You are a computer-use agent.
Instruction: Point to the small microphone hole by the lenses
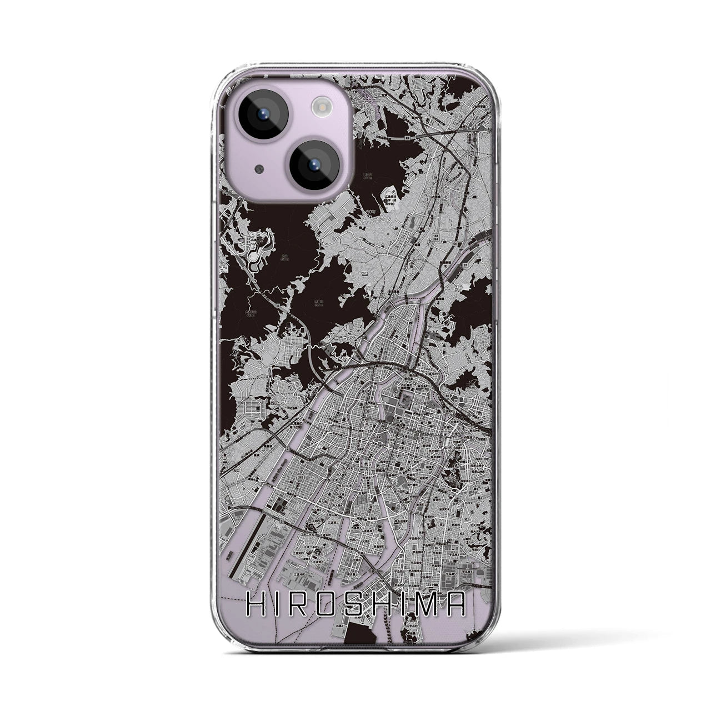pos(259,168)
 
